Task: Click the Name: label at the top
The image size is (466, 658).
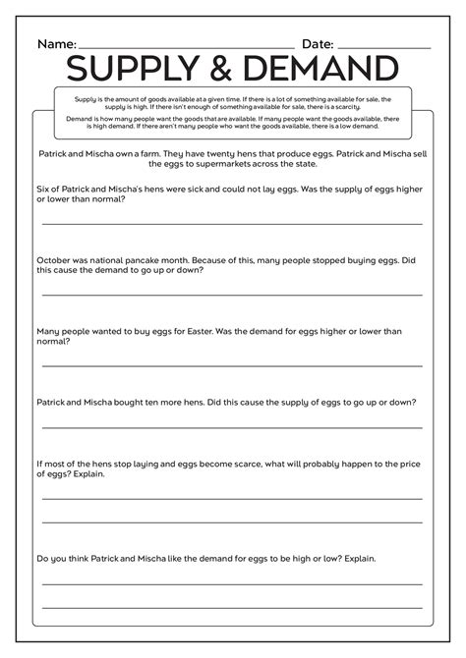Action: (x=56, y=44)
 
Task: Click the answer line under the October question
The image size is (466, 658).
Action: (x=232, y=294)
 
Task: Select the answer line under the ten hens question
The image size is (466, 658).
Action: (x=232, y=427)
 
